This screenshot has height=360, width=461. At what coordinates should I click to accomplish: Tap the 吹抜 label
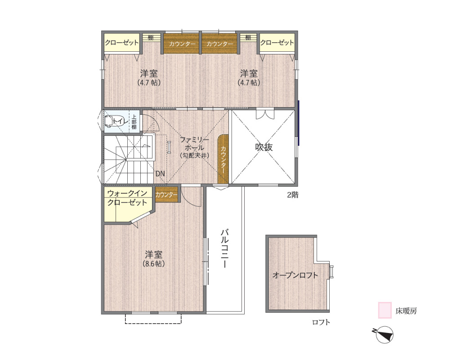tap(264, 147)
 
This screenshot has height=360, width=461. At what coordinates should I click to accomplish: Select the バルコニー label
tap(224, 248)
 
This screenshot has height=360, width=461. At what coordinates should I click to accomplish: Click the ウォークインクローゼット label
tap(127, 198)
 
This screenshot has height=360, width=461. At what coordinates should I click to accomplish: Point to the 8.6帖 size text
tap(153, 264)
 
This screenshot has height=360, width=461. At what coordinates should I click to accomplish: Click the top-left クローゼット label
tap(122, 43)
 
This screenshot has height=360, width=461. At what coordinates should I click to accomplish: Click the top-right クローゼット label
tap(277, 43)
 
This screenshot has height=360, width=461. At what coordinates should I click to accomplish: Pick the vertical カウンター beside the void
tap(223, 160)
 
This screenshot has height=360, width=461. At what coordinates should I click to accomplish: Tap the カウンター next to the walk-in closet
tap(167, 195)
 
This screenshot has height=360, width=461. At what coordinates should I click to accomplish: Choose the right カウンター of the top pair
tap(219, 44)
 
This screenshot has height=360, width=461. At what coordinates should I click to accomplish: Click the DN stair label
tap(160, 174)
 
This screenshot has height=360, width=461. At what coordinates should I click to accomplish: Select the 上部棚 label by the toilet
tap(134, 121)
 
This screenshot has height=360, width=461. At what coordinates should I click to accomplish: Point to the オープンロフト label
tap(295, 275)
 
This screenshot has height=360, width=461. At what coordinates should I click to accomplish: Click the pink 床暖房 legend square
tap(385, 310)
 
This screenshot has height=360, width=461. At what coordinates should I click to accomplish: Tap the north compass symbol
tap(384, 334)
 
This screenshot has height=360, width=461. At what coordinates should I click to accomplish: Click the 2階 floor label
tap(292, 195)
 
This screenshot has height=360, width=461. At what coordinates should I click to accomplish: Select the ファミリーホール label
tap(194, 143)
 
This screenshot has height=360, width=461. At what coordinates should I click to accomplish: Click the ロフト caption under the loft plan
tap(321, 322)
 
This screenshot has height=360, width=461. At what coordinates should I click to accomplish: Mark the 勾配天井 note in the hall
tap(194, 156)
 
